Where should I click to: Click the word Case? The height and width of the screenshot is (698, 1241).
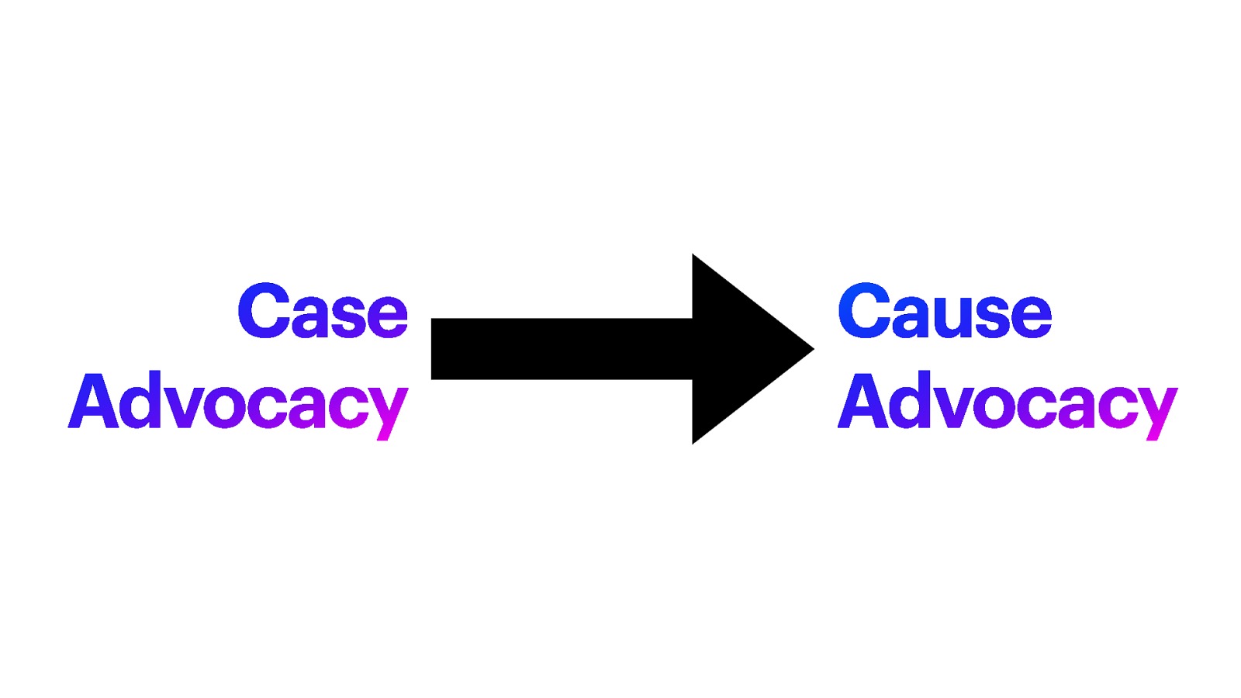pyautogui.click(x=323, y=312)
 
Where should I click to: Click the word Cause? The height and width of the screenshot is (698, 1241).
pyautogui.click(x=944, y=312)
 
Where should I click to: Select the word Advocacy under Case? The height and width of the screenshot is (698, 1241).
pyautogui.click(x=238, y=403)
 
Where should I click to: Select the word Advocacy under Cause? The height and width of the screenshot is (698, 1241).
pyautogui.click(x=1008, y=403)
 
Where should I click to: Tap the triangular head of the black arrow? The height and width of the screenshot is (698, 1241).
pyautogui.click(x=745, y=349)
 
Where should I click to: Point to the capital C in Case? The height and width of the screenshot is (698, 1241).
pyautogui.click(x=264, y=311)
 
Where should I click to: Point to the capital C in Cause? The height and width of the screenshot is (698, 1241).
pyautogui.click(x=864, y=311)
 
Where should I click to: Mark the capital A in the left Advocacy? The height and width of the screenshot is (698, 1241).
pyautogui.click(x=94, y=401)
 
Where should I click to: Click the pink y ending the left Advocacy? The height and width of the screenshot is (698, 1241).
pyautogui.click(x=389, y=411)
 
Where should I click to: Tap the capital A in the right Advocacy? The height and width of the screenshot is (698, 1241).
pyautogui.click(x=863, y=401)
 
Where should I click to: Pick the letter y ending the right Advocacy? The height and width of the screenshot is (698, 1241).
pyautogui.click(x=1158, y=411)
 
